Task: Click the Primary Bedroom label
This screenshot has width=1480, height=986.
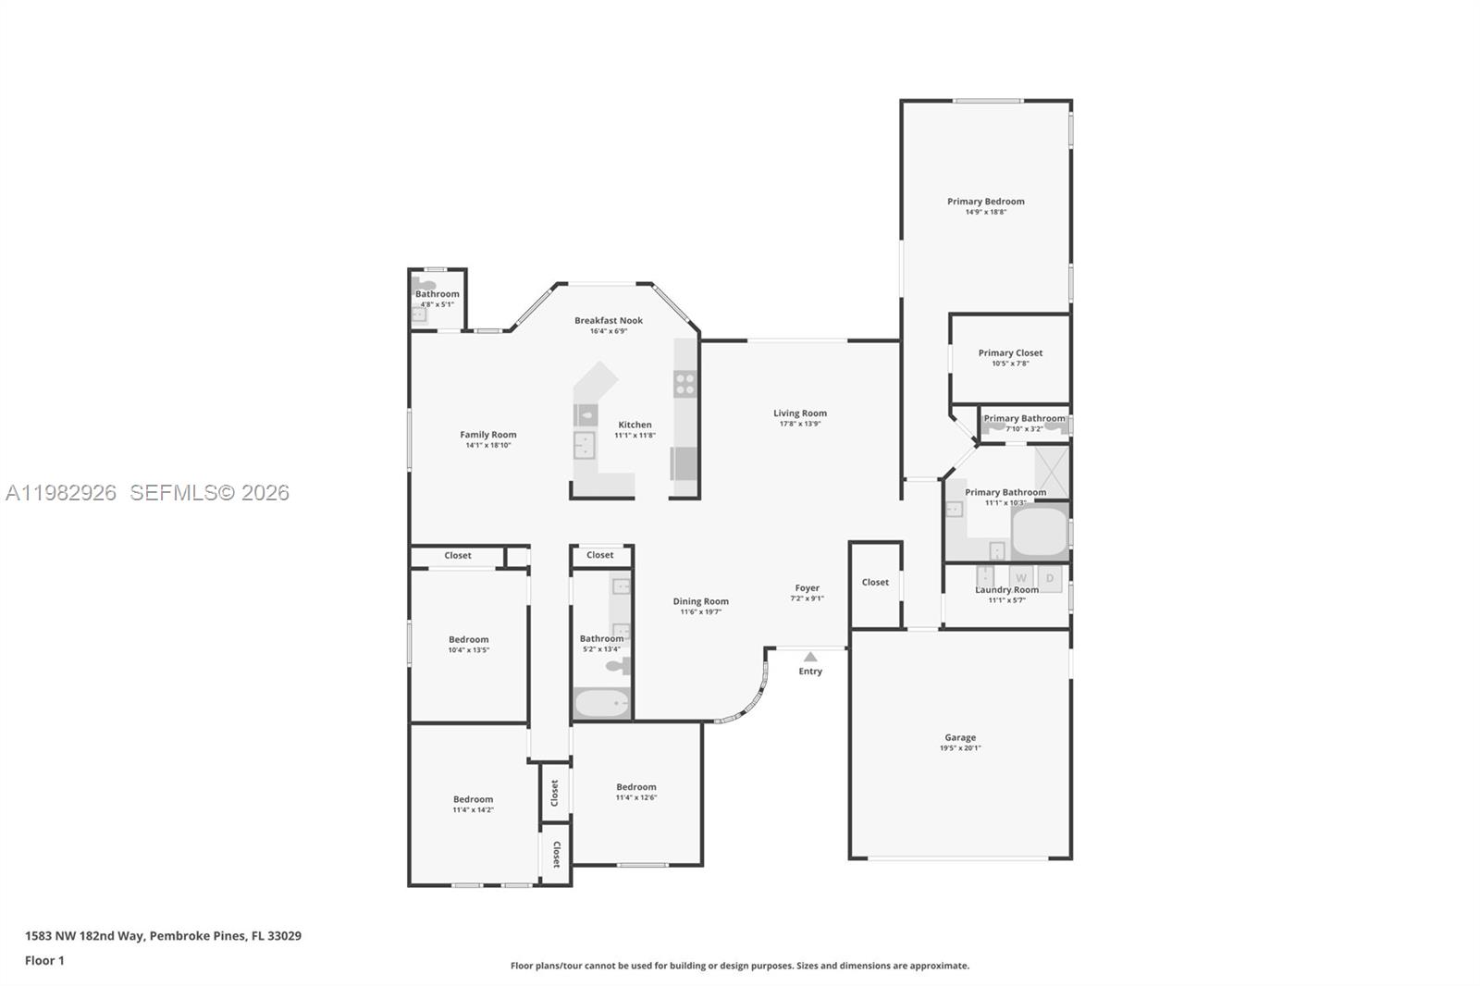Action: coord(985,201)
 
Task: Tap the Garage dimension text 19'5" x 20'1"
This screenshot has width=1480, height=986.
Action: coord(960,748)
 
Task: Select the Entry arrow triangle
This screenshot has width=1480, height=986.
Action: coord(810,657)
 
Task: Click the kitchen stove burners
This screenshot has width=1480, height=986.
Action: coord(684,384)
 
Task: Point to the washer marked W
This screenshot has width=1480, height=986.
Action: coord(1022,578)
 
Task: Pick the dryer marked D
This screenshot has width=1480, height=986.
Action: coord(1050,578)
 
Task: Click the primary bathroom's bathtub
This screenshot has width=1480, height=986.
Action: coord(1040,531)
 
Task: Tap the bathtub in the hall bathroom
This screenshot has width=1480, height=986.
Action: coord(602,703)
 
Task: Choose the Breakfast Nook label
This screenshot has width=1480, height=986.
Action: coord(609,320)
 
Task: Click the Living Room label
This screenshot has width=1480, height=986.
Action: coord(800,413)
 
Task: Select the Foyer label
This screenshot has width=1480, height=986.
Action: coord(807,587)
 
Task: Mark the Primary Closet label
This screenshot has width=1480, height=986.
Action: coord(1010,352)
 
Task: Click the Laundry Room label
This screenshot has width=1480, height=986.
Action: coord(1006,590)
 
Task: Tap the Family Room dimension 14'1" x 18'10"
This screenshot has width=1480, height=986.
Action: coord(488,445)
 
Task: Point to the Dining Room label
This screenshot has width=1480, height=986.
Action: coord(700,601)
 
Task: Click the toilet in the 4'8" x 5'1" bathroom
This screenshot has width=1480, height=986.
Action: coord(425,285)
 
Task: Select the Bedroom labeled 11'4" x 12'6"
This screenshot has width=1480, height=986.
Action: coord(636,787)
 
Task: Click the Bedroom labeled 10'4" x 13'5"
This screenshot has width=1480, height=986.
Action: coord(469,639)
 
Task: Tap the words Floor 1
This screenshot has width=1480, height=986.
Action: coord(44,960)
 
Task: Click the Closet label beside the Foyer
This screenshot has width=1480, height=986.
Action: coord(875,582)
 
